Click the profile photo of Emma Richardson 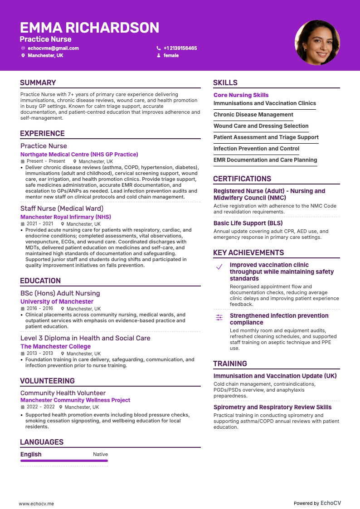click(x=317, y=42)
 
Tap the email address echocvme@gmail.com click(x=53, y=48)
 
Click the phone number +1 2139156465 click(x=180, y=48)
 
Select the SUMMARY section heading click(x=38, y=82)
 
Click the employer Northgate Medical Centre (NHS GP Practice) click(x=79, y=154)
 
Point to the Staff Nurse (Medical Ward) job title click(x=62, y=208)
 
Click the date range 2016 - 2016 click(x=39, y=309)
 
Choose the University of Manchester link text click(x=57, y=301)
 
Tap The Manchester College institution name click(x=55, y=346)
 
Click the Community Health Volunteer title click(x=63, y=393)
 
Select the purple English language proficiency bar click(x=64, y=461)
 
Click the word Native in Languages click(x=100, y=454)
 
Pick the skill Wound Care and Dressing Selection click(x=261, y=126)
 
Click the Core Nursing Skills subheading click(x=241, y=95)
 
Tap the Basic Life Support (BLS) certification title click(x=248, y=223)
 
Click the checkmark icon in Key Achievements click(x=219, y=267)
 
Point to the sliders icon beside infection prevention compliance click(x=219, y=318)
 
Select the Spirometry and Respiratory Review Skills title click(x=272, y=407)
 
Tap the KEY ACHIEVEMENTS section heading click(x=248, y=252)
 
